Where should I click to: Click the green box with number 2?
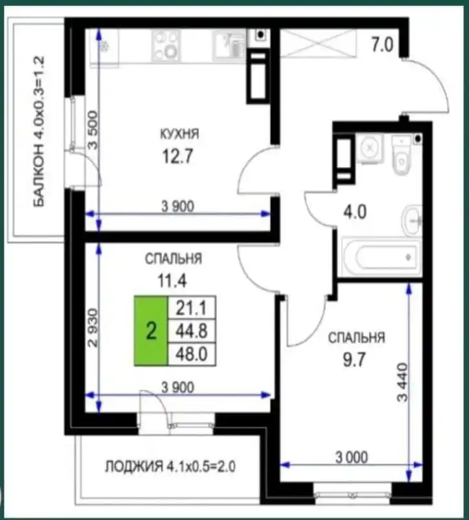[x=151, y=332]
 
